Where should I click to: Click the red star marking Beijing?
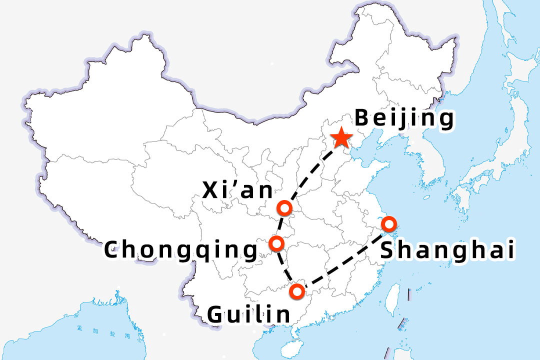pos(341,137)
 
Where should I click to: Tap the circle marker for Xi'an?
pos(284,207)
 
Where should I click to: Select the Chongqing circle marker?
pos(276,243)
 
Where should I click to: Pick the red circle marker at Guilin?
pos(297,290)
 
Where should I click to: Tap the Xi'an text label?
pos(238,190)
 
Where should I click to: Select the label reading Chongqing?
pos(181,250)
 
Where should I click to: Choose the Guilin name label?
pos(248,314)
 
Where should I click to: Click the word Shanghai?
pos(447,250)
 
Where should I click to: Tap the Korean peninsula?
pos(425,145)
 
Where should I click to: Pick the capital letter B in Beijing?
pos(362,119)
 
